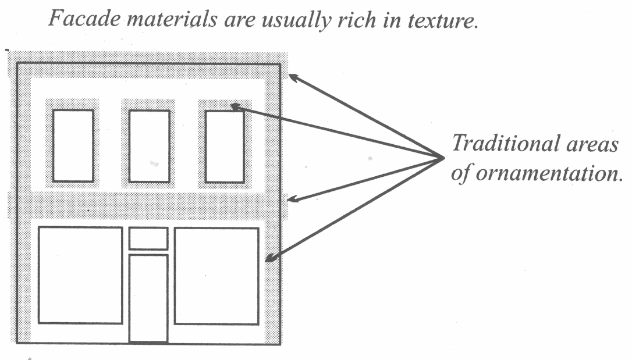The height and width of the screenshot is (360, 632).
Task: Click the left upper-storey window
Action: coord(73,145)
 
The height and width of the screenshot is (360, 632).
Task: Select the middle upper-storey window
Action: coord(149,145)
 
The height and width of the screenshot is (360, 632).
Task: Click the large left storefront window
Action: coord(80,275)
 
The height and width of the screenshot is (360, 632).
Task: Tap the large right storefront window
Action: coord(216,276)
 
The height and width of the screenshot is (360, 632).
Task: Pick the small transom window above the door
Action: coord(148,238)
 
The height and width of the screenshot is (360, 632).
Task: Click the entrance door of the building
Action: coord(148,298)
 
